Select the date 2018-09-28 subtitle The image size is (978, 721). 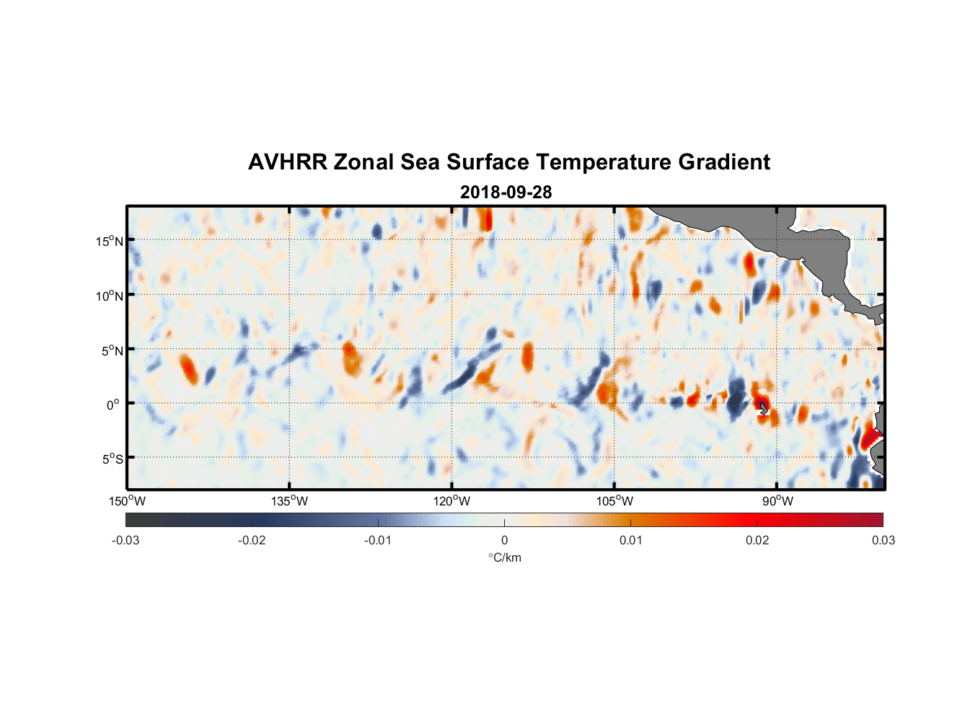pos(506,192)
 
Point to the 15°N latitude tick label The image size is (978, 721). pos(109,241)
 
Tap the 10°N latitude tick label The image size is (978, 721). pos(109,296)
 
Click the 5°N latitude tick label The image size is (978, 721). pos(112,350)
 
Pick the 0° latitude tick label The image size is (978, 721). pos(113,404)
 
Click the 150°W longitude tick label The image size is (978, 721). pos(127,501)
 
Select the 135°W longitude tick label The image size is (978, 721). pos(290,501)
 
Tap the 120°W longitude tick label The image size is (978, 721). pos(452,501)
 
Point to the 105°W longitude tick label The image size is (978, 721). pos(614,501)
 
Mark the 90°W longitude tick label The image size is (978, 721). pos(777,501)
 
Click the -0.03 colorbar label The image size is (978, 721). pos(125,540)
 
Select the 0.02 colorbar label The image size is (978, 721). pos(757,540)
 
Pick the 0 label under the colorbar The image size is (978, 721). pos(504,540)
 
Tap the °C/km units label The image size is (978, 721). pos(504,557)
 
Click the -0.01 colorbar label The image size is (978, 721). pos(378,540)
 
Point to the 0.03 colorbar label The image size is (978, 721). pos(883,540)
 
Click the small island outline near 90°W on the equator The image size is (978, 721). pos(763,407)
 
